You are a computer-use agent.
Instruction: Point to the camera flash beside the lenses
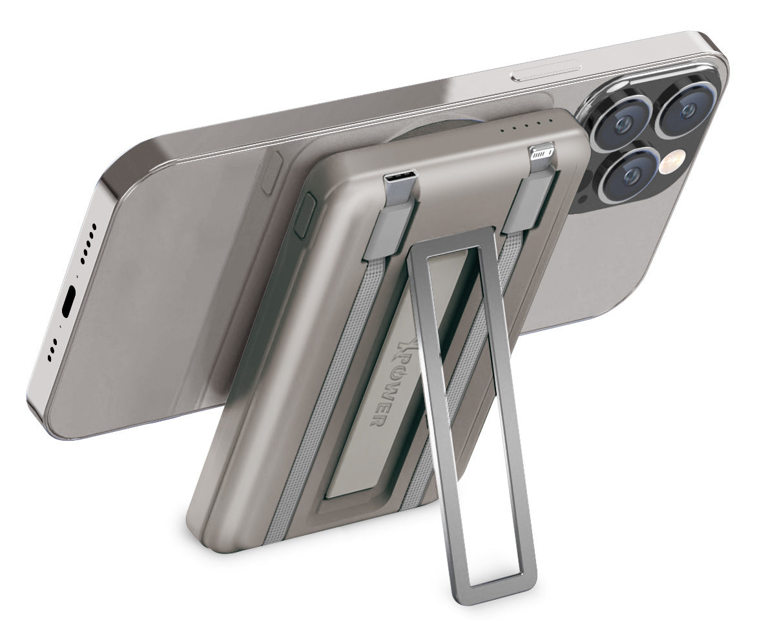coord(674,165)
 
